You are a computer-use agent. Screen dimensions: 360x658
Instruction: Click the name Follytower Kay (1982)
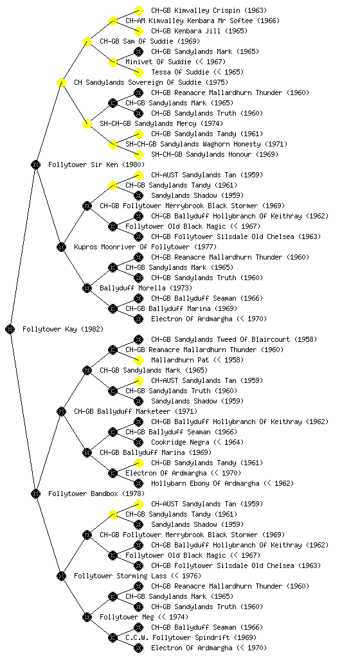tap(63, 329)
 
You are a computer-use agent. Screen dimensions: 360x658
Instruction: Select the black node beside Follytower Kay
tap(10, 329)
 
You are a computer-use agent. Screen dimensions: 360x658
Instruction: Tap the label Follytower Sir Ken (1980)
tap(96, 164)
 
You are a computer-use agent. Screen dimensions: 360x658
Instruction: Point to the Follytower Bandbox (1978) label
tap(96, 493)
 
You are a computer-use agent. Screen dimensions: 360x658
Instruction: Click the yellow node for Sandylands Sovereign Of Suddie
tap(61, 82)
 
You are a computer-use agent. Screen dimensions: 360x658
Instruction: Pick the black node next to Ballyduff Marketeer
tap(61, 411)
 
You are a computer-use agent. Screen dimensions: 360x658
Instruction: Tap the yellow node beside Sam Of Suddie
tap(87, 41)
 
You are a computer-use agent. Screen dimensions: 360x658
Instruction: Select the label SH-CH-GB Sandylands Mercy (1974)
tap(161, 123)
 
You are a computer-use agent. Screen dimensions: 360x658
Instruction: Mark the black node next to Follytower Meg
tap(87, 617)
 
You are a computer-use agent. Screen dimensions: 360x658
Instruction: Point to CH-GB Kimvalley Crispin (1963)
tap(209, 10)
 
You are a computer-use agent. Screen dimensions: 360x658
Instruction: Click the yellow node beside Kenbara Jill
tap(138, 31)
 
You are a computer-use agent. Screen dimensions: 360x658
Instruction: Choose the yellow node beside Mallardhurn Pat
tap(138, 360)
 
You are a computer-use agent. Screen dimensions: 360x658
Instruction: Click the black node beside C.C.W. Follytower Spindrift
tap(113, 637)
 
